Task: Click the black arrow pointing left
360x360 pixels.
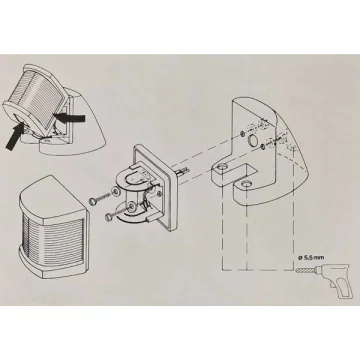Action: [x=70, y=117]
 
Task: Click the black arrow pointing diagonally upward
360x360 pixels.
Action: [x=15, y=137]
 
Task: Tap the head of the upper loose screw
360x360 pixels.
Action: [x=92, y=201]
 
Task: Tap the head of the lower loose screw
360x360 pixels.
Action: [x=108, y=217]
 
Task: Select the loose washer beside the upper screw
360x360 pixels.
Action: [x=116, y=191]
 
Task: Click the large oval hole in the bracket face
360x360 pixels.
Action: [x=252, y=141]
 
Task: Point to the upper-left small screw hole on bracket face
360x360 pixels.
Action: [x=241, y=133]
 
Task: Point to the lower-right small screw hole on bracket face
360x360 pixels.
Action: [x=263, y=146]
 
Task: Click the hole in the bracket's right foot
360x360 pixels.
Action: [x=246, y=183]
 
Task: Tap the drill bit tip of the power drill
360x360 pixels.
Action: [x=297, y=272]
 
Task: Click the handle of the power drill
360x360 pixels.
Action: [x=343, y=289]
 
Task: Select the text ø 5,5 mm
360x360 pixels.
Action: [x=310, y=258]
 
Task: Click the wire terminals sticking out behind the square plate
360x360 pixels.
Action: [x=182, y=171]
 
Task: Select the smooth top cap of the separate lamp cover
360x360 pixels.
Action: [x=50, y=196]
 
